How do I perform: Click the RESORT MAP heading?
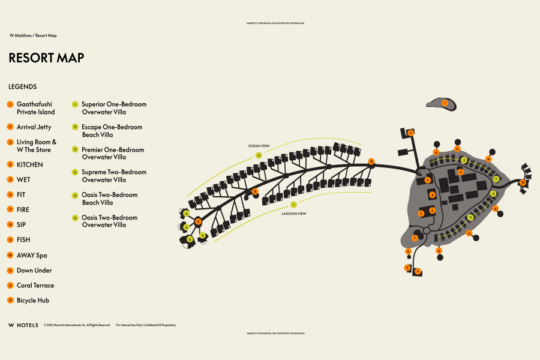click(x=46, y=58)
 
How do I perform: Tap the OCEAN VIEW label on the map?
click(x=259, y=146)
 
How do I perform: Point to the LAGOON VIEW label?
click(x=294, y=214)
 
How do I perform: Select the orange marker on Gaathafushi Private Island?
click(x=445, y=103)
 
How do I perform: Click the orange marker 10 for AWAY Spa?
click(x=523, y=182)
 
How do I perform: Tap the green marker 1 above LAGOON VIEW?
click(x=293, y=205)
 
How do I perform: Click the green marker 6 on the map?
click(x=190, y=239)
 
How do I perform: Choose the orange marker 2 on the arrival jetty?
click(x=410, y=133)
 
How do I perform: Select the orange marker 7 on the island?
click(x=415, y=238)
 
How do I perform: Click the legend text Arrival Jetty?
click(x=34, y=127)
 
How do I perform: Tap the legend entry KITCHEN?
click(x=29, y=164)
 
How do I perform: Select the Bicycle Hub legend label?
click(x=32, y=300)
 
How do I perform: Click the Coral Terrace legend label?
click(x=35, y=286)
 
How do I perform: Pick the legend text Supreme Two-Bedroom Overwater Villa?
click(x=113, y=176)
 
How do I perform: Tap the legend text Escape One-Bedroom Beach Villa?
click(x=112, y=131)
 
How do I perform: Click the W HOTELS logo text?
click(x=23, y=325)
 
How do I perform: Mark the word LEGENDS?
click(x=23, y=87)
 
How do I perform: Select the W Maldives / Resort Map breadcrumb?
click(x=33, y=35)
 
